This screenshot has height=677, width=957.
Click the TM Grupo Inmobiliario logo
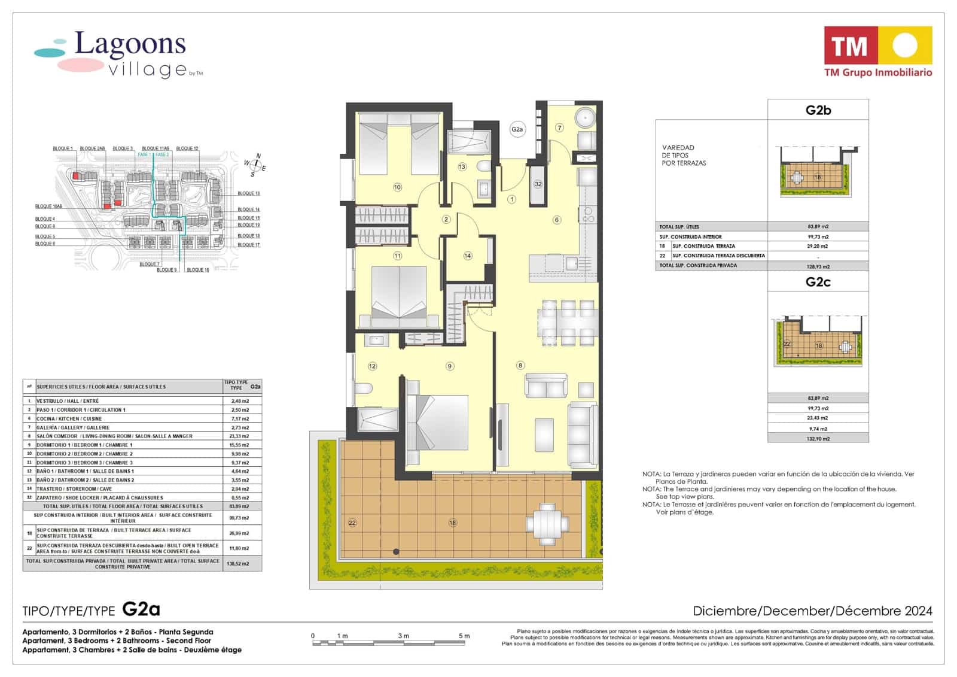pos(877,52)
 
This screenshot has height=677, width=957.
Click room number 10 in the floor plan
pos(397,187)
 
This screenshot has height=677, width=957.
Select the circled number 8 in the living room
pos(520,365)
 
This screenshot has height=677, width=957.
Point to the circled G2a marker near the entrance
pos(517,129)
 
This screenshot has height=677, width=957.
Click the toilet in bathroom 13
pos(484,166)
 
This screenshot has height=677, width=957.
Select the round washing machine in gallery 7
pos(584,117)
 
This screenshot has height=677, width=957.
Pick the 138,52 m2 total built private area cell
pos(237,564)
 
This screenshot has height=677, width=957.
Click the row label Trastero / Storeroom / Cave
pos(74,489)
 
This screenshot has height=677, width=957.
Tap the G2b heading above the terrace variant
pos(818,110)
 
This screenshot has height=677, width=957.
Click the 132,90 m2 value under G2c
pos(818,439)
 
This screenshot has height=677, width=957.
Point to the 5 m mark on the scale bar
pos(464,636)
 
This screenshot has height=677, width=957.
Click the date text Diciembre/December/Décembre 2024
pos(812,611)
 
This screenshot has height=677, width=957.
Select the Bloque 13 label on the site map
pos(248,193)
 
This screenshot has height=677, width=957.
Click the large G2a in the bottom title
pos(141,609)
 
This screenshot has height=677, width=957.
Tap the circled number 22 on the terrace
pos(352,523)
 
